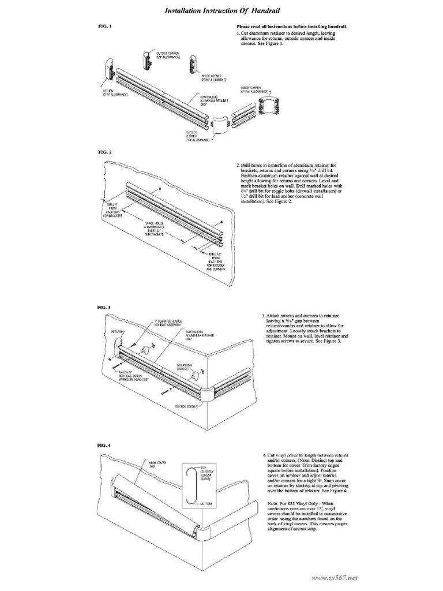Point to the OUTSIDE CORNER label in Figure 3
point(186,406)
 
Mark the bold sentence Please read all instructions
point(295,27)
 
